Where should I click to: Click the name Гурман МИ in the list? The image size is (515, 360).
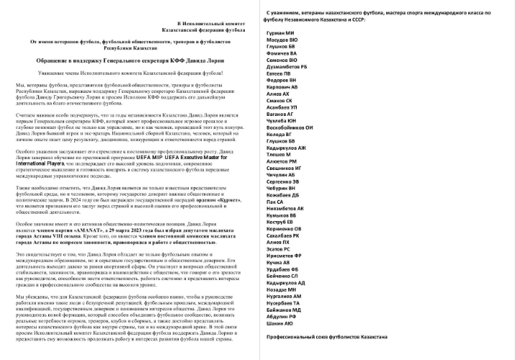[282, 33]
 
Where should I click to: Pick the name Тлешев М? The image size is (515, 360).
[280, 154]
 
